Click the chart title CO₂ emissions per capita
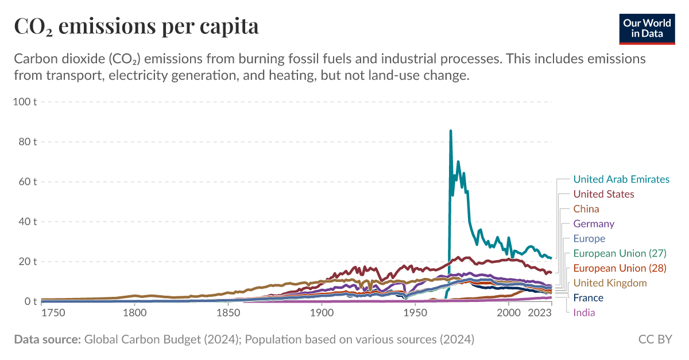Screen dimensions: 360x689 click(x=136, y=26)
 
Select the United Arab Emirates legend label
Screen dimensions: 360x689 click(x=621, y=179)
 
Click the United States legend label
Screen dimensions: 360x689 click(x=603, y=194)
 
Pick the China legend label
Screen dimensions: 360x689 click(x=586, y=209)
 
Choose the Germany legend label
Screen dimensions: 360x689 click(x=594, y=224)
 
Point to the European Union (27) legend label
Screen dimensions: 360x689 click(x=620, y=253)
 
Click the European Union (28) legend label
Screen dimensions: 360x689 click(x=620, y=268)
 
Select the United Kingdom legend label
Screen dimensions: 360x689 click(x=610, y=283)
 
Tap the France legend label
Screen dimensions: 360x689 click(x=588, y=298)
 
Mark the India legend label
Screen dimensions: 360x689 click(x=584, y=313)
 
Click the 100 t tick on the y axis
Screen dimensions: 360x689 click(x=25, y=102)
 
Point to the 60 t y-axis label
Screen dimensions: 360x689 click(x=28, y=182)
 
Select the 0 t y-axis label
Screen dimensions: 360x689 click(x=30, y=301)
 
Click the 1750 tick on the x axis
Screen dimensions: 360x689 click(x=53, y=313)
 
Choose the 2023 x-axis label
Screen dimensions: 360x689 click(x=540, y=313)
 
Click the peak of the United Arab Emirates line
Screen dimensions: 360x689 click(x=451, y=131)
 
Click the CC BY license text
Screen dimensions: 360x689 click(x=655, y=339)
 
